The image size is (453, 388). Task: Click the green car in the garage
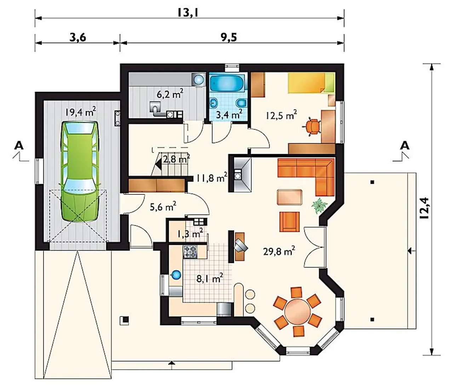tap(80, 172)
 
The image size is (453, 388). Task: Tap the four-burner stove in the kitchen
tap(190, 252)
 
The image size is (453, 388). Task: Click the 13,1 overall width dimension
tap(188, 13)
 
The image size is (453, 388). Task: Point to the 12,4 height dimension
tap(424, 208)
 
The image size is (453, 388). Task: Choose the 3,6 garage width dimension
tap(78, 37)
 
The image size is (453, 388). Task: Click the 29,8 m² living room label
tap(279, 251)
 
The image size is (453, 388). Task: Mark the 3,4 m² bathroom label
tap(229, 114)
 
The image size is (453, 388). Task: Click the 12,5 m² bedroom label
tap(282, 114)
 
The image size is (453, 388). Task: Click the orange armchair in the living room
tap(289, 222)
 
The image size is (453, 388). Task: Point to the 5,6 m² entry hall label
tap(163, 206)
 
